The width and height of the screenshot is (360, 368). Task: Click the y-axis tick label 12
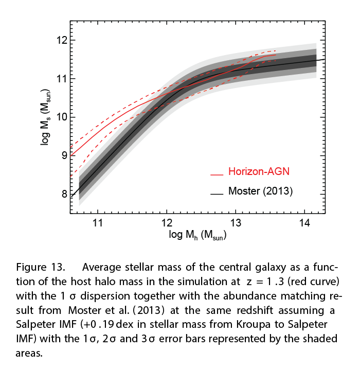click(61, 40)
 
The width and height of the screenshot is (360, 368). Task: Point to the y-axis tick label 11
click(61, 78)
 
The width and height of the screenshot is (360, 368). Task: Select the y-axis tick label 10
click(61, 117)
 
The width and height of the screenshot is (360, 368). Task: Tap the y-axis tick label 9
click(64, 155)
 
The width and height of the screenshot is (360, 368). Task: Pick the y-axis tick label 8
click(64, 194)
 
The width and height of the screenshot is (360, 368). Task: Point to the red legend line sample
click(217, 173)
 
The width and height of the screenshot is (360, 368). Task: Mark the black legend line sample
click(217, 194)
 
